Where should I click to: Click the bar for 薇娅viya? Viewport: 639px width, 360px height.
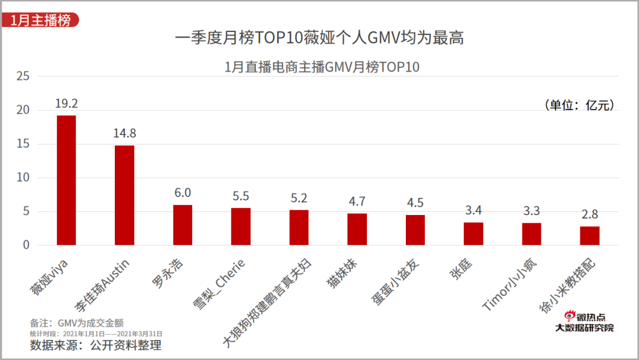point(66,180)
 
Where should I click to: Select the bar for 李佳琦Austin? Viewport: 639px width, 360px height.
point(124,195)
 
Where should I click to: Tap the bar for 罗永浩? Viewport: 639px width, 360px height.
point(182,225)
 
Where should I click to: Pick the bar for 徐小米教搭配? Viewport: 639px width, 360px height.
point(589,236)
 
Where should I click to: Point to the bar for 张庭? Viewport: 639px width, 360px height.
point(473,234)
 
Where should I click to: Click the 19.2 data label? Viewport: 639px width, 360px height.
point(66,104)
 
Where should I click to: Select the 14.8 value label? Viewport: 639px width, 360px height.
point(124,133)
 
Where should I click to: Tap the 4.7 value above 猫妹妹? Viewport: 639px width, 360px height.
point(357,202)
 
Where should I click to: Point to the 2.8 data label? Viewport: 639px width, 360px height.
point(589,214)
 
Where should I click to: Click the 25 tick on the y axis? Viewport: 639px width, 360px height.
point(23,76)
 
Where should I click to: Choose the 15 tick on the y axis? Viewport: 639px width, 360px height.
point(23,144)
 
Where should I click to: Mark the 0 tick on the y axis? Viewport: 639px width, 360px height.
point(26,245)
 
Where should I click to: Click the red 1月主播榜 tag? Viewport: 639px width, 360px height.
point(40,20)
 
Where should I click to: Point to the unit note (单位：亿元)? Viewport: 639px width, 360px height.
point(579,105)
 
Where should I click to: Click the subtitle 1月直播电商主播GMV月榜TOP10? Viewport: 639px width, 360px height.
point(322,67)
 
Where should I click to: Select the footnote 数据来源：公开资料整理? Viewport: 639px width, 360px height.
point(96,345)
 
